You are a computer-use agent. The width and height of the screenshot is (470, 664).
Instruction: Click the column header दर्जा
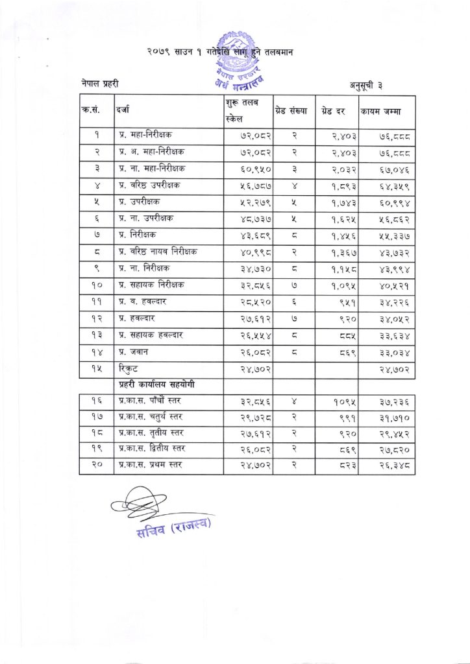pyautogui.click(x=123, y=111)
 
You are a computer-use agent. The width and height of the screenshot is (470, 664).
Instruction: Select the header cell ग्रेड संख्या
pyautogui.click(x=293, y=111)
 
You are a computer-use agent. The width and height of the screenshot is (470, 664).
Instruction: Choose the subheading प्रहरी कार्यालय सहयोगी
pyautogui.click(x=155, y=385)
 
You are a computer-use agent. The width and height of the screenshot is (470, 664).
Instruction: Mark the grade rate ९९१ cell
pyautogui.click(x=344, y=419)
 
